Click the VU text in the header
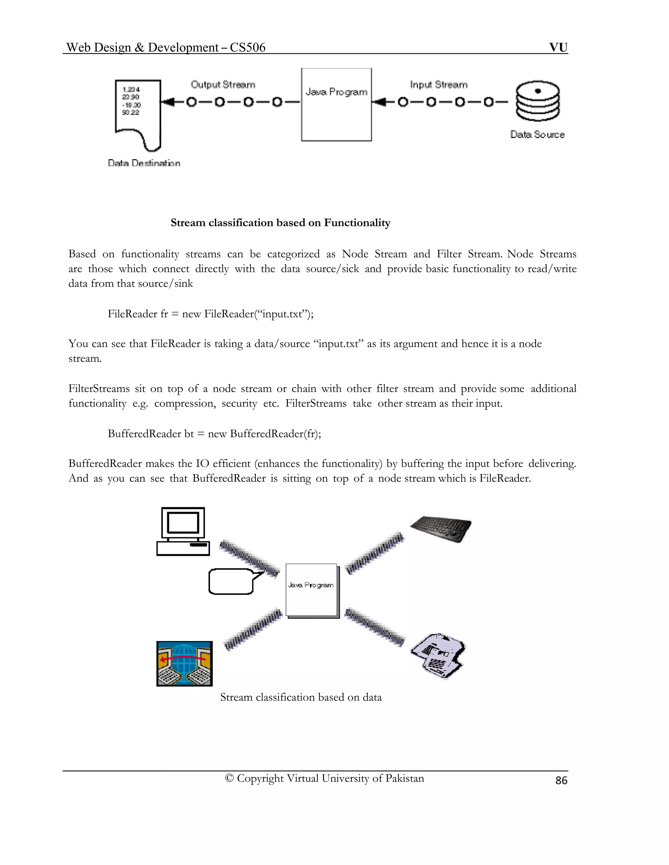pyautogui.click(x=558, y=48)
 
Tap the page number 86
pyautogui.click(x=561, y=780)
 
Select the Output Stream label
pyautogui.click(x=223, y=84)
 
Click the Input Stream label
pyautogui.click(x=438, y=84)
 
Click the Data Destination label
pyautogui.click(x=144, y=163)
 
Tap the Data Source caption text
pyautogui.click(x=537, y=135)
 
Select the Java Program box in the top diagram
pyautogui.click(x=336, y=104)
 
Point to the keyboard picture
pyautogui.click(x=441, y=528)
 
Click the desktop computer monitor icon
pyautogui.click(x=183, y=531)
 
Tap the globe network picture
pyautogui.click(x=184, y=663)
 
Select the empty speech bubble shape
pyautogui.click(x=232, y=581)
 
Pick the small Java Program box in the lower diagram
pyautogui.click(x=312, y=590)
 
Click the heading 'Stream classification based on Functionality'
pyautogui.click(x=280, y=223)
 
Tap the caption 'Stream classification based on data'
pyautogui.click(x=301, y=697)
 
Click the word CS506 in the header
pyautogui.click(x=247, y=48)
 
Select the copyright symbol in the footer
pyautogui.click(x=229, y=778)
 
